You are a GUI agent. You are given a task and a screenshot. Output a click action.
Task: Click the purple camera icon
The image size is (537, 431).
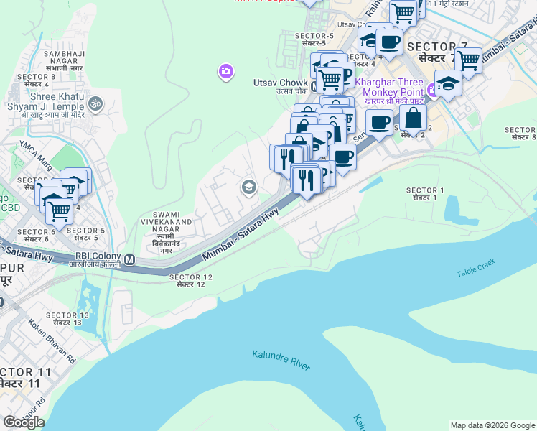point(225,70)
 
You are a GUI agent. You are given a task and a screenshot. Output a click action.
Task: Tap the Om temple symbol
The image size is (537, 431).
point(96,104)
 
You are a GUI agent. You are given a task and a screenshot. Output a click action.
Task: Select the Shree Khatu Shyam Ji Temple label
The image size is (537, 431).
point(53,106)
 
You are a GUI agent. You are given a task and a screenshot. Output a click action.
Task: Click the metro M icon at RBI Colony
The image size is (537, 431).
point(130,259)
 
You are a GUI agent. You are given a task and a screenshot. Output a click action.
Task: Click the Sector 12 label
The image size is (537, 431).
point(191,281)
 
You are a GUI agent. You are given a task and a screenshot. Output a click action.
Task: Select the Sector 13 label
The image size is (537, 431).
point(67,320)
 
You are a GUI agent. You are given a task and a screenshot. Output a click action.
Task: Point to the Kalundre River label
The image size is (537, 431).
point(281,360)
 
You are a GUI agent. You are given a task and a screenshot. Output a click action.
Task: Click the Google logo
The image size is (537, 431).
point(24,422)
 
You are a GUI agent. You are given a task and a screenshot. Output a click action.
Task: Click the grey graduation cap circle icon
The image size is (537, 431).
point(248,187)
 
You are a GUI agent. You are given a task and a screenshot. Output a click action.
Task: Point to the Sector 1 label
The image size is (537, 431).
point(425,193)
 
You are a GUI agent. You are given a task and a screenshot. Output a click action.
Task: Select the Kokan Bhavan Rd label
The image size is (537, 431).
point(52,343)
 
